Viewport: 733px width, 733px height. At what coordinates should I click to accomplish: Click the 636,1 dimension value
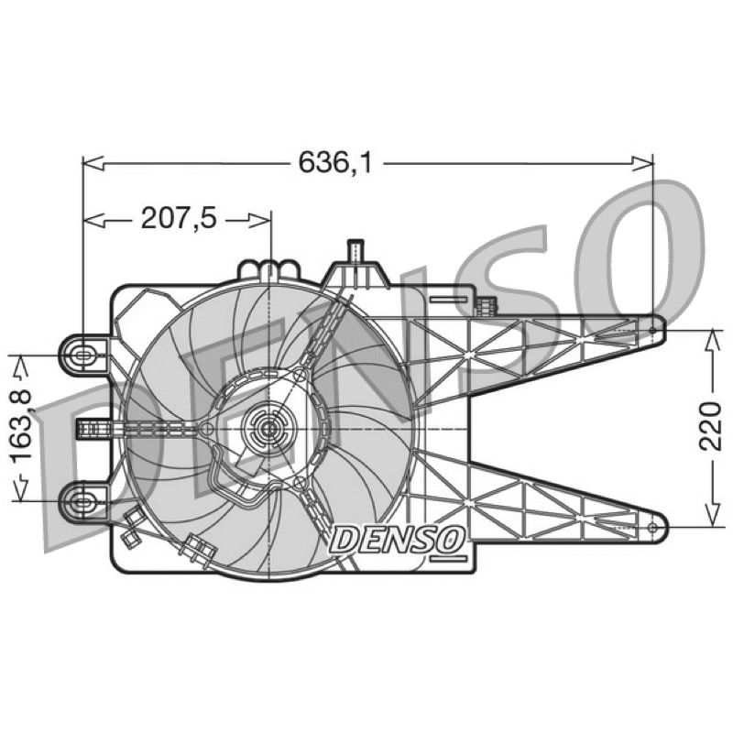(x=335, y=163)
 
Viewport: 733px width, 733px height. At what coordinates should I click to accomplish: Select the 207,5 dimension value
(x=179, y=218)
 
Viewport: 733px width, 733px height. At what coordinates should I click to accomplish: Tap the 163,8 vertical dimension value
(x=21, y=425)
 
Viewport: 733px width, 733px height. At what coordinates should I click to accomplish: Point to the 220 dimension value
(x=711, y=425)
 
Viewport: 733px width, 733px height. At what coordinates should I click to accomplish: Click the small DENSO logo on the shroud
(x=399, y=539)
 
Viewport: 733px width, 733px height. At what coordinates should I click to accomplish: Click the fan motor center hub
(x=269, y=428)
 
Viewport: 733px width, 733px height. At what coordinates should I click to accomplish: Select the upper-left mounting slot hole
(x=82, y=355)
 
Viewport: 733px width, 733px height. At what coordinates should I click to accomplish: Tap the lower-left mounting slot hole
(x=82, y=502)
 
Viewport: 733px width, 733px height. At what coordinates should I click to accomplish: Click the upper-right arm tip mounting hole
(x=653, y=331)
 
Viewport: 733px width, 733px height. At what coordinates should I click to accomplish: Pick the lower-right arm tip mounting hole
(x=653, y=528)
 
